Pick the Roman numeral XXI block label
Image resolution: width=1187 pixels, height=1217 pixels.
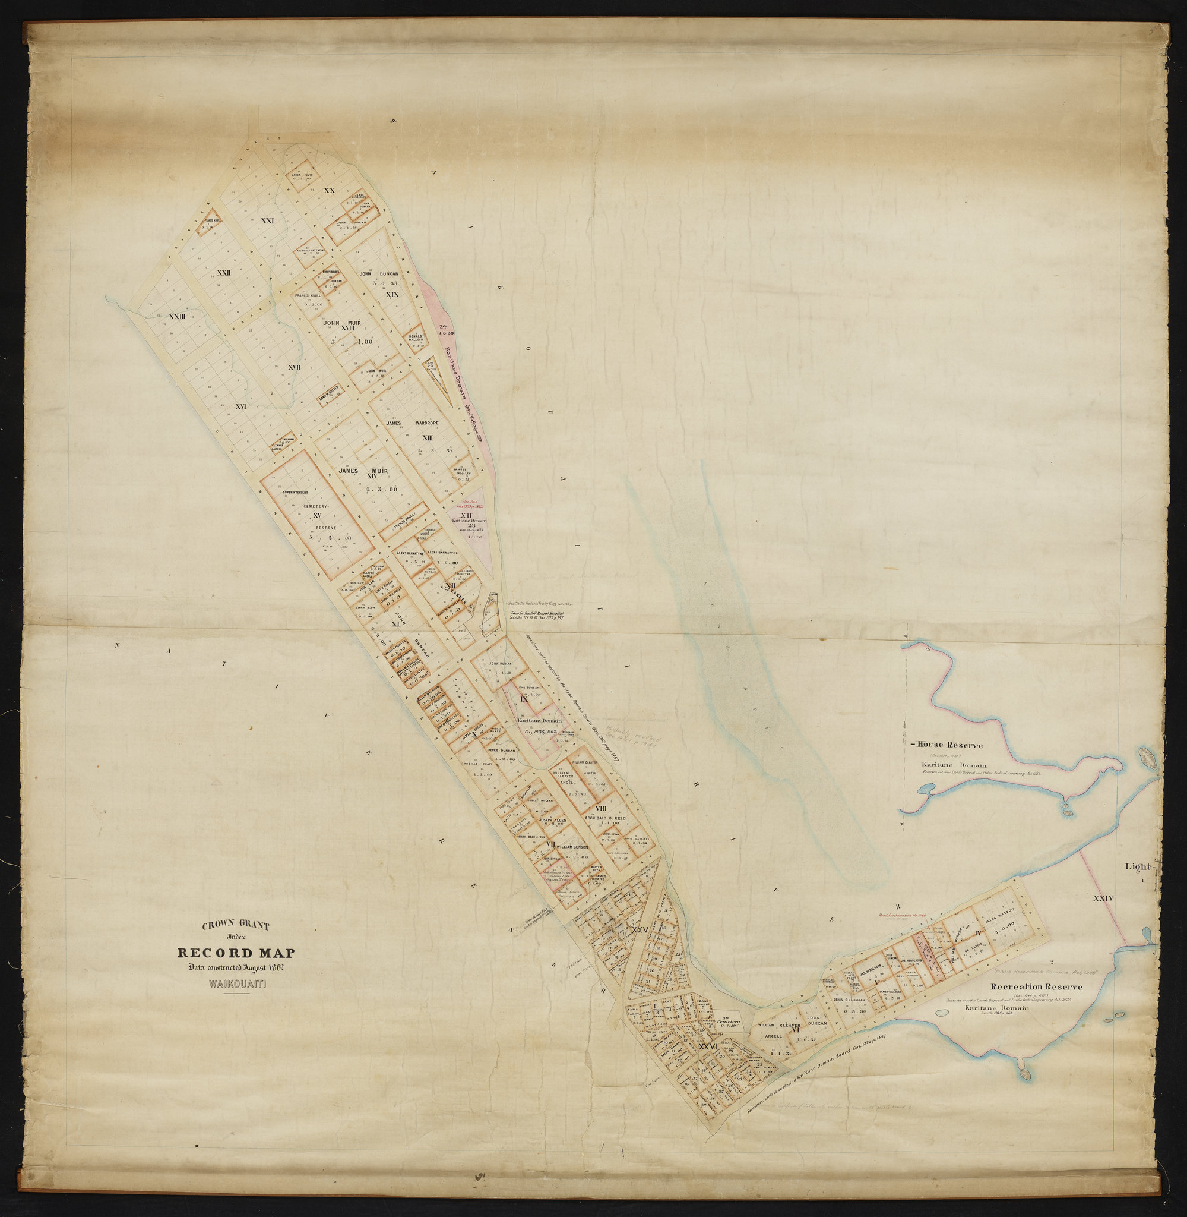point(267,221)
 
